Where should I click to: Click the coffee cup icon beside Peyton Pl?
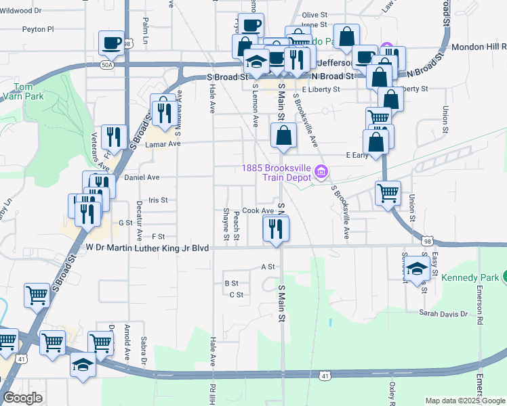111,43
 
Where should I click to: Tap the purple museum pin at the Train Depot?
321,173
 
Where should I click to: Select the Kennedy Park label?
469,278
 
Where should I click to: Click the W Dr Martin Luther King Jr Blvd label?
146,248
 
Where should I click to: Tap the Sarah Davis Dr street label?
444,314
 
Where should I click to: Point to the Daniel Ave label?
142,177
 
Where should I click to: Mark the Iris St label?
157,200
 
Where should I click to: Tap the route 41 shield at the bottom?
326,375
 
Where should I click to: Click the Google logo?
22,398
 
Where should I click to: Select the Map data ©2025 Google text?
465,401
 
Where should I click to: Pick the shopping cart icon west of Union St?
388,194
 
